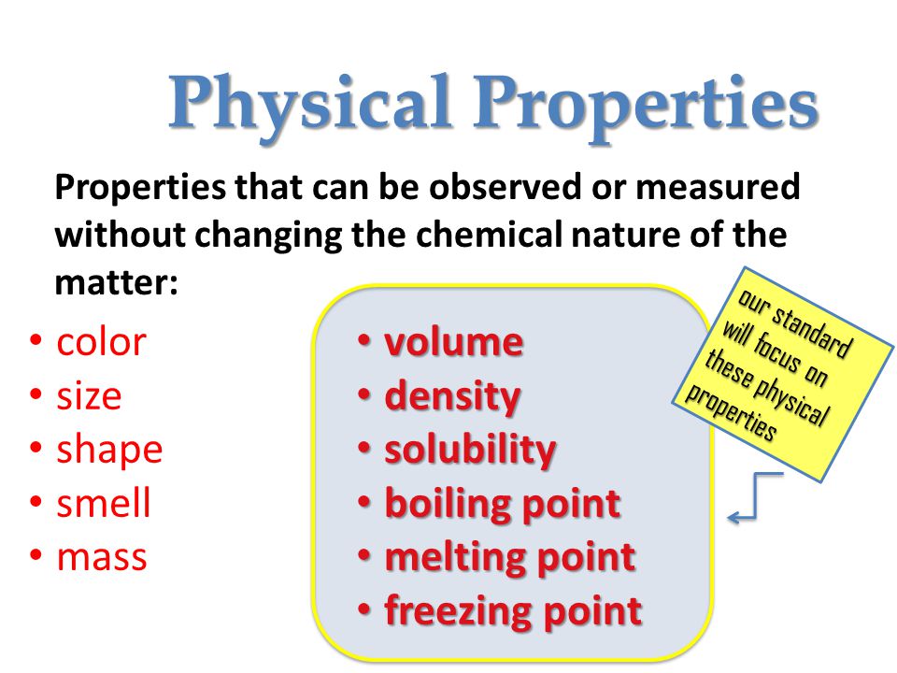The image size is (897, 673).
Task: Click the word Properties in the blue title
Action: (645, 103)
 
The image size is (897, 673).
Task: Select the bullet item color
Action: (101, 342)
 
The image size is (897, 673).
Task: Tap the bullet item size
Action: (89, 396)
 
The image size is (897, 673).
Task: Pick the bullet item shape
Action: (109, 450)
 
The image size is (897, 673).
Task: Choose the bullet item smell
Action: (104, 504)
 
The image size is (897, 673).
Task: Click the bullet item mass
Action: (102, 557)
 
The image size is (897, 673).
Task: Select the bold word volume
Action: (454, 342)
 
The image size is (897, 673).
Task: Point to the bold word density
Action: (452, 396)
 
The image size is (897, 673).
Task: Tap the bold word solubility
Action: (470, 450)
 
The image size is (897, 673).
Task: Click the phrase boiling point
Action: (502, 504)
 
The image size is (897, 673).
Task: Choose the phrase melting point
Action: (509, 557)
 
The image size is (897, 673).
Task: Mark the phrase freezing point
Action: (513, 611)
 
